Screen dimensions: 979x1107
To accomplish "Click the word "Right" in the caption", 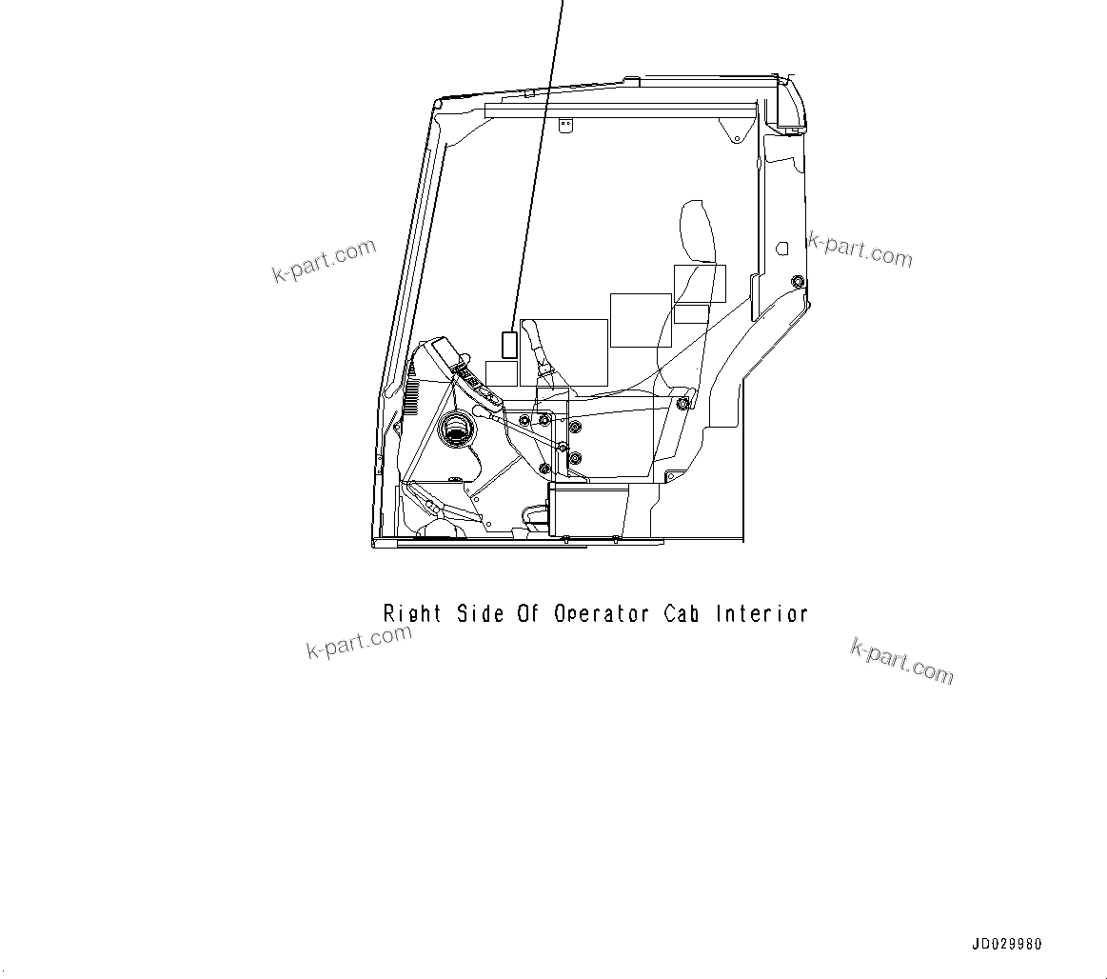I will pyautogui.click(x=412, y=613).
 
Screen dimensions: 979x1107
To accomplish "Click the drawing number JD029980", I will pyautogui.click(x=1007, y=944).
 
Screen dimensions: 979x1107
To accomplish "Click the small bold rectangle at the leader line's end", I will pyautogui.click(x=509, y=344).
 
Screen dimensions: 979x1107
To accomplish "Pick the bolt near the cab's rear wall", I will pyautogui.click(x=797, y=281).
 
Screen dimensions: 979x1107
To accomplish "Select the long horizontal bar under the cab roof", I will pyautogui.click(x=619, y=110).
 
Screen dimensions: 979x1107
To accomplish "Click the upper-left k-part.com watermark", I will pyautogui.click(x=325, y=262).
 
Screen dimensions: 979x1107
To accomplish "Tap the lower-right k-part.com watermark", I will pyautogui.click(x=900, y=661).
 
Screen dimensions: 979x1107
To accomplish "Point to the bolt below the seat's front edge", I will pyautogui.click(x=682, y=404).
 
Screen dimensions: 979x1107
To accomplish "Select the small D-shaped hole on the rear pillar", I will pyautogui.click(x=782, y=248).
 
